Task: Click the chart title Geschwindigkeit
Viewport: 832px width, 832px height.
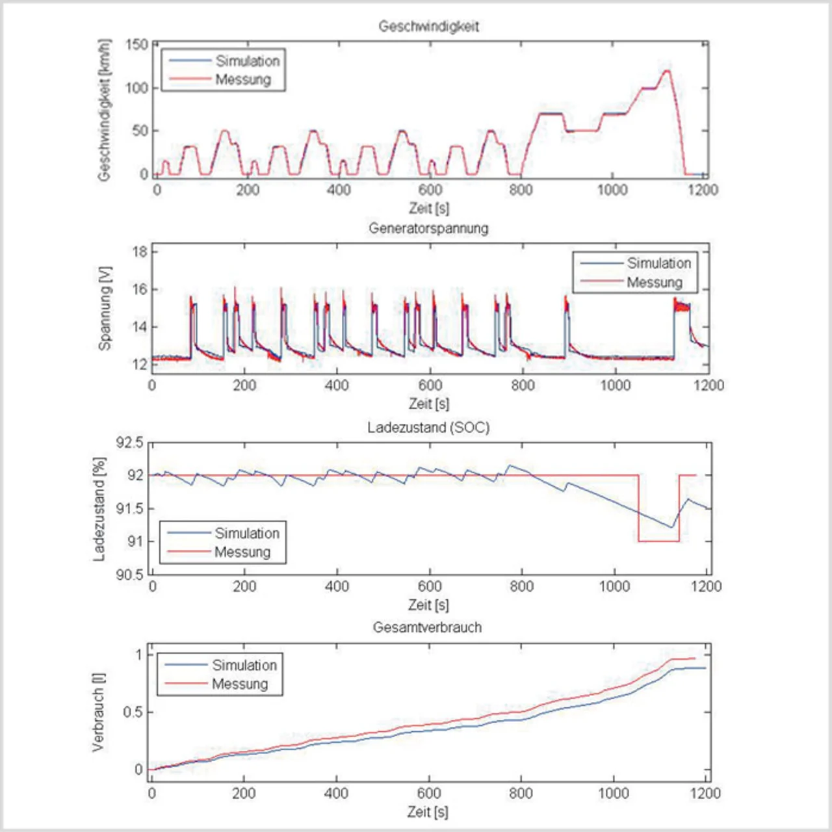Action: pos(428,27)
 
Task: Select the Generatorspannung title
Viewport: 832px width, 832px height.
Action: pos(428,228)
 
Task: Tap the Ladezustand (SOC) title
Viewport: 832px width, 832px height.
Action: pos(428,427)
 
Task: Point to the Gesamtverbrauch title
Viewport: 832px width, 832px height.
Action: pos(427,627)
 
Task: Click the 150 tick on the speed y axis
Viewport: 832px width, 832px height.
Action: pos(136,44)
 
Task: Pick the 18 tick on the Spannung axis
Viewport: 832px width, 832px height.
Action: pos(140,252)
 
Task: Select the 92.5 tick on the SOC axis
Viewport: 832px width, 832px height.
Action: pos(129,443)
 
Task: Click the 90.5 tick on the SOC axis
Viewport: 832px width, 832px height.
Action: pos(129,574)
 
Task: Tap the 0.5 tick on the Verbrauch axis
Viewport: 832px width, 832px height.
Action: pos(133,712)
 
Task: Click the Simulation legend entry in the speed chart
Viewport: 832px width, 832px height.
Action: pos(247,61)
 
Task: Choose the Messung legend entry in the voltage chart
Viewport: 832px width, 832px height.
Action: pos(654,282)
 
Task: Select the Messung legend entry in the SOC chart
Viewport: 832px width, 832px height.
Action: pos(242,552)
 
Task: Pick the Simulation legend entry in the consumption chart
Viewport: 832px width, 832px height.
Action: pos(244,665)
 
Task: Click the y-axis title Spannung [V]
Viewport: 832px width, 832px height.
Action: pos(105,308)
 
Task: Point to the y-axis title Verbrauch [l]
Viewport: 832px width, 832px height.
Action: pos(98,712)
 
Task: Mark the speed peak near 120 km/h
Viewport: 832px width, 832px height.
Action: pos(666,71)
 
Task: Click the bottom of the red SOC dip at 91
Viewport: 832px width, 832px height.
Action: pos(658,541)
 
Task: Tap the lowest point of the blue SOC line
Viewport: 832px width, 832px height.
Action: pos(671,527)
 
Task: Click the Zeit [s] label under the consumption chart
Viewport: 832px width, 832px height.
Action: pos(428,811)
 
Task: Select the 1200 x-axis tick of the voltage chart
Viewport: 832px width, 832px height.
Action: pos(708,385)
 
